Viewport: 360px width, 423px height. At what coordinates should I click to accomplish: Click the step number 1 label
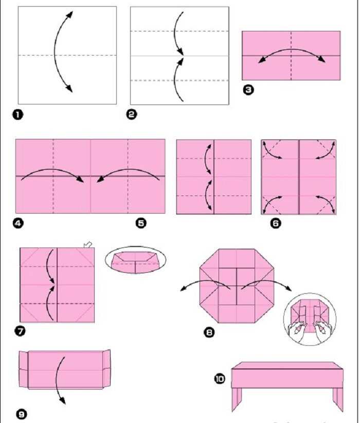18,115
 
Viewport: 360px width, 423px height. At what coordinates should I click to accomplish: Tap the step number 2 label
131,114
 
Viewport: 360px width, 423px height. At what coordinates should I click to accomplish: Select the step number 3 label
248,90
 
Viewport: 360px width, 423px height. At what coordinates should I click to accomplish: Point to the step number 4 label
18,223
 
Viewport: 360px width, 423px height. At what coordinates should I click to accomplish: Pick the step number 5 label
141,223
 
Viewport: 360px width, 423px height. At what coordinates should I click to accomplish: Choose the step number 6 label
276,223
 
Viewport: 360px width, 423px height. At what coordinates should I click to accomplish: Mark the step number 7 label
20,331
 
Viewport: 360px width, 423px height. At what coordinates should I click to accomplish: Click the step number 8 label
209,332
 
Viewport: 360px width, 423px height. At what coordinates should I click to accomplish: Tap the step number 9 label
22,414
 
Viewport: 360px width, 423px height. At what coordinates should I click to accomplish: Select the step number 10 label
220,379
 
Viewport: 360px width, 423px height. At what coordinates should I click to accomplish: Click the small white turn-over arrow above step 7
88,244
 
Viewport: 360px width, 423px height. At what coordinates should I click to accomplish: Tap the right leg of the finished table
338,399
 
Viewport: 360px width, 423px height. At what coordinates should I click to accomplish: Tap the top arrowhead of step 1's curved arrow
70,14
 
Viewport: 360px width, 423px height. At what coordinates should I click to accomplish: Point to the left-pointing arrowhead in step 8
183,289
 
